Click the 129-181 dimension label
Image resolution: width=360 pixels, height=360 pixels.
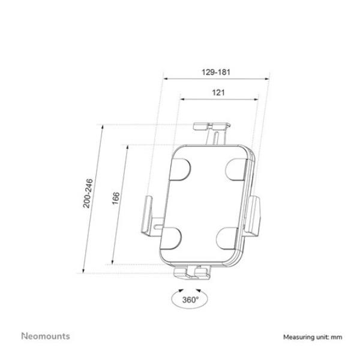[215, 72]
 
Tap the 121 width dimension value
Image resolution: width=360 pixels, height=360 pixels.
[218, 92]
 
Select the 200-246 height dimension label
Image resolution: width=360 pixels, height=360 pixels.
[88, 193]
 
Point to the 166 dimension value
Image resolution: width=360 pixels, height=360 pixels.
[116, 198]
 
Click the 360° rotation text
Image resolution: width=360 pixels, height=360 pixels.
[190, 299]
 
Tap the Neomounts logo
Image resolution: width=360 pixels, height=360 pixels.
[46, 336]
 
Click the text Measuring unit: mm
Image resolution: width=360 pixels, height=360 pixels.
[313, 337]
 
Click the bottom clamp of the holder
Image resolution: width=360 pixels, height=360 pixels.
[191, 273]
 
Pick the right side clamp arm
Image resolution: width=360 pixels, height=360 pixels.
[252, 215]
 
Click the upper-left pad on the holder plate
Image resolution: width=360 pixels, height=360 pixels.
[180, 169]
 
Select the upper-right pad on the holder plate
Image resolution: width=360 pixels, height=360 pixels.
[236, 169]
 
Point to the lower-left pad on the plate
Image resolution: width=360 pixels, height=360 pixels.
[171, 238]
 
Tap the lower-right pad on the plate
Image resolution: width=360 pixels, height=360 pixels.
[227, 238]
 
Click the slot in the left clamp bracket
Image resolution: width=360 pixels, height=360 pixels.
[158, 227]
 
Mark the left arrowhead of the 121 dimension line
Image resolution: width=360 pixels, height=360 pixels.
[182, 99]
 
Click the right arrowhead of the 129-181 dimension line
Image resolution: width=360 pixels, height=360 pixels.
[267, 79]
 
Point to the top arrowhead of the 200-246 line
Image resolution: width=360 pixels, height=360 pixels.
[103, 127]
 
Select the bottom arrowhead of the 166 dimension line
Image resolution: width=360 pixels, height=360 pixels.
[113, 262]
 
